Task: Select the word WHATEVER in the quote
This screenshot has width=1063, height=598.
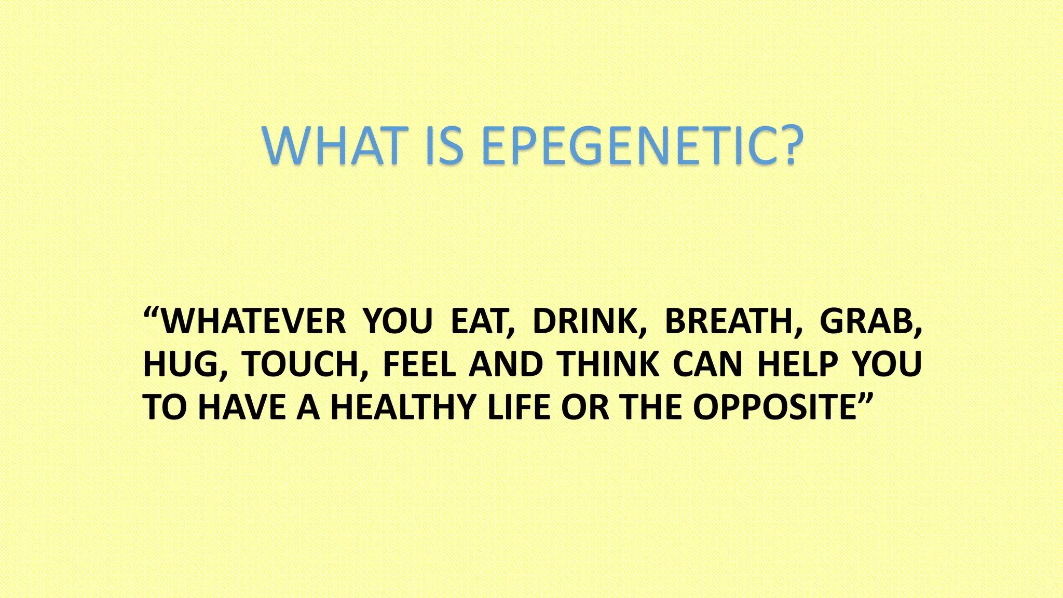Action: click(x=253, y=321)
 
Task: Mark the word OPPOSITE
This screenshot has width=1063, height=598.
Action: click(x=774, y=407)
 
